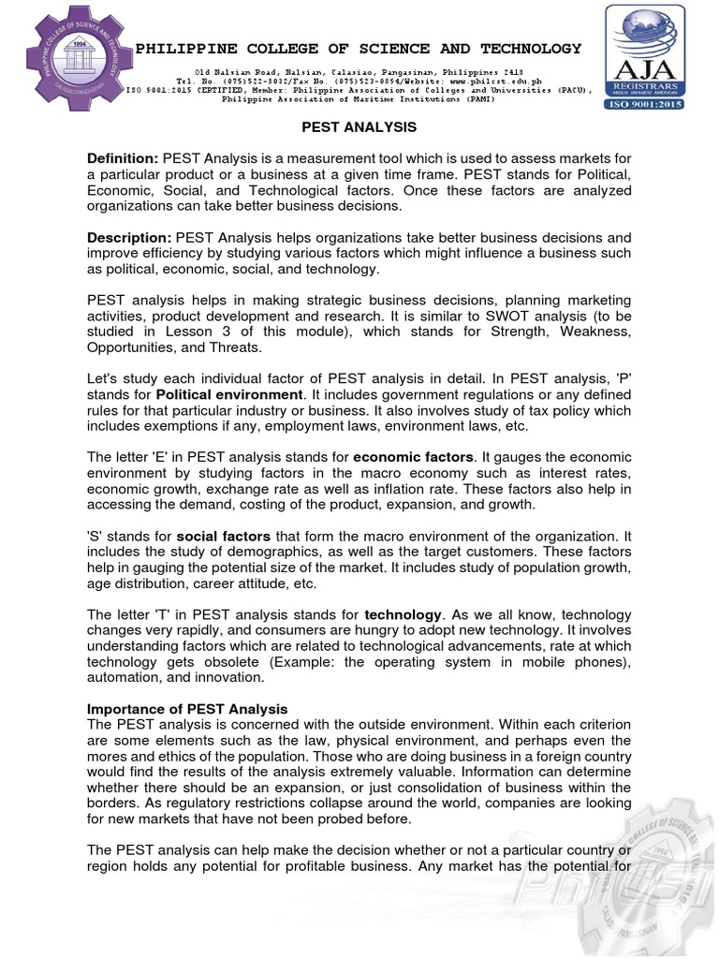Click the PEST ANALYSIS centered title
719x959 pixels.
pos(359,126)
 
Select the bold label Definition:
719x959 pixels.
pos(123,159)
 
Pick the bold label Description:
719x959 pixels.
pos(129,237)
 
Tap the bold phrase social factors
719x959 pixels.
pos(223,536)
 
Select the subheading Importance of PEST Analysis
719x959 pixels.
pos(187,708)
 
